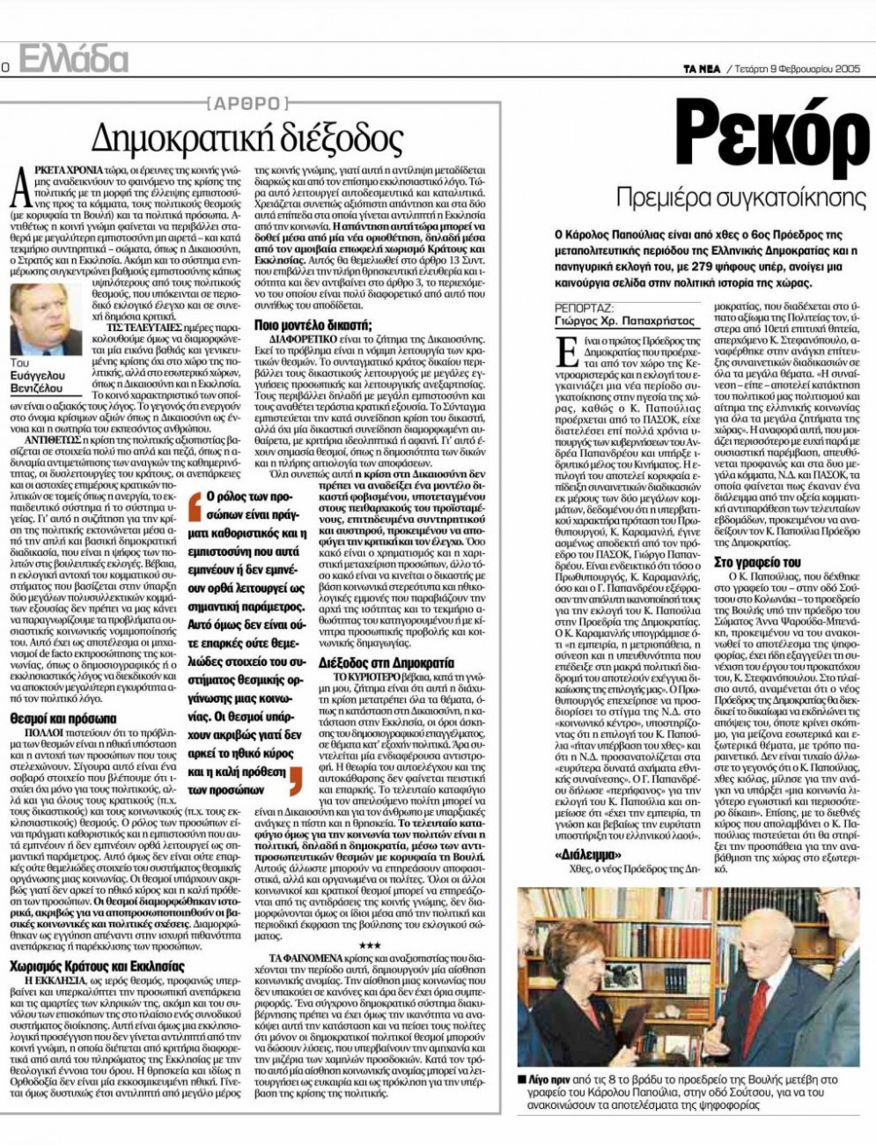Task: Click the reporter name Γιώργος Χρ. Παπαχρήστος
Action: (621, 321)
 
